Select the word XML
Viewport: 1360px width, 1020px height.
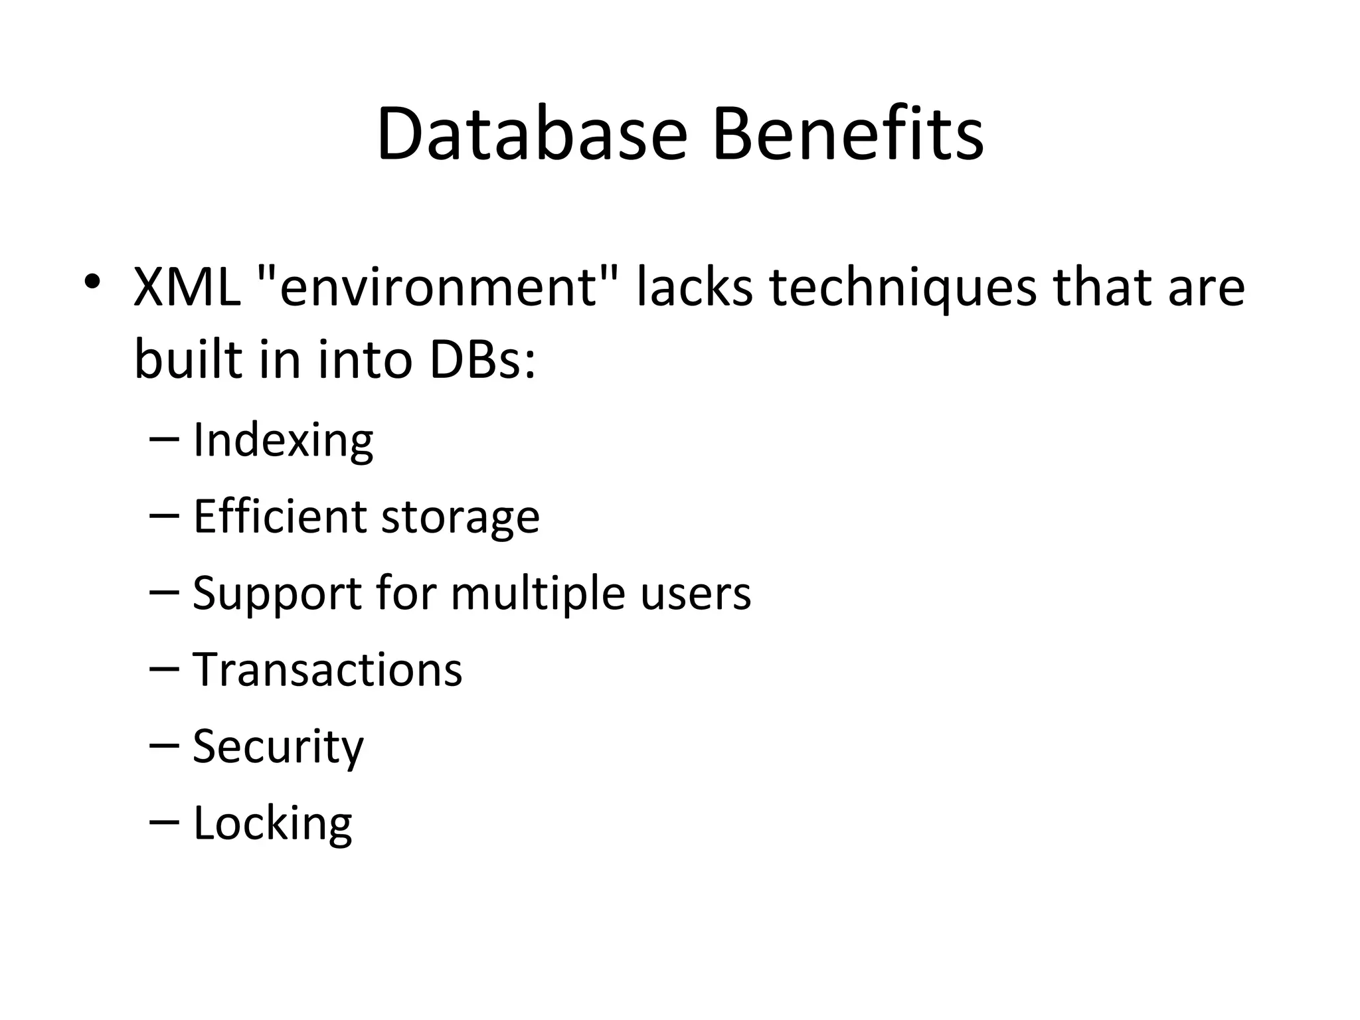tap(187, 288)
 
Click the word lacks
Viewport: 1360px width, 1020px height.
tap(695, 288)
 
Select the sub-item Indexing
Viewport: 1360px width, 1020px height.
tap(283, 440)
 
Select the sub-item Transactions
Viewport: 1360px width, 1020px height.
tap(327, 669)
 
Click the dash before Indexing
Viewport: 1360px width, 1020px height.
tap(165, 439)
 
